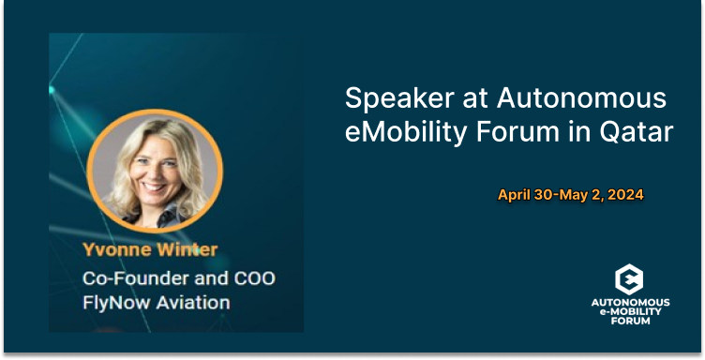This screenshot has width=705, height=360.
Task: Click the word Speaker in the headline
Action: point(399,99)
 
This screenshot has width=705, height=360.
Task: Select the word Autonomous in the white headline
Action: point(581,97)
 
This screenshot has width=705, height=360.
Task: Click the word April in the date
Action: point(515,195)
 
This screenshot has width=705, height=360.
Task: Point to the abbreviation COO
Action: point(254,278)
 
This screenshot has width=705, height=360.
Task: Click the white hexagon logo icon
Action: point(629,279)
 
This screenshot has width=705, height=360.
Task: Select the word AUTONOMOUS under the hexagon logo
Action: point(630,303)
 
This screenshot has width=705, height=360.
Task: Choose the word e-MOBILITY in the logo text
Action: point(630,311)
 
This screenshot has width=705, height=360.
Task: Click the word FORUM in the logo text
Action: point(630,321)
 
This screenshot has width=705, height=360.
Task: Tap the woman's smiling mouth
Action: point(154,186)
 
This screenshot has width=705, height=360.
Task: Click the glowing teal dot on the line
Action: point(51,90)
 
